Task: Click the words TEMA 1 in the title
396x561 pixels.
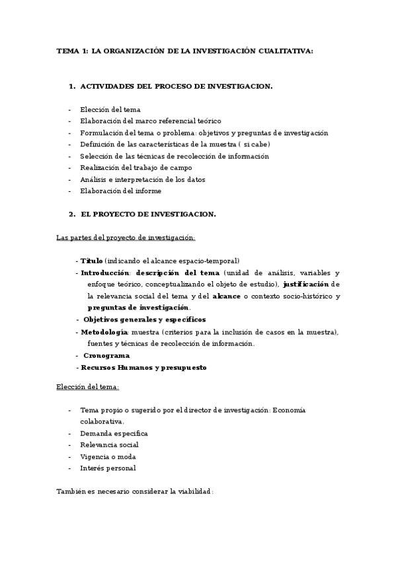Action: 70,51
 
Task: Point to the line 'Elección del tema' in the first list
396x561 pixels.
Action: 110,109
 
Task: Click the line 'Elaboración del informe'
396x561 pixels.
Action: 120,191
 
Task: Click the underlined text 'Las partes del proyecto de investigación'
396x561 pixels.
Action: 125,237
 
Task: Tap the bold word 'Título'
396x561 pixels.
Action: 92,261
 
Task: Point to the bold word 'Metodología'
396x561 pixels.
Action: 104,331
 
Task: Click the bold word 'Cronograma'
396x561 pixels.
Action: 106,355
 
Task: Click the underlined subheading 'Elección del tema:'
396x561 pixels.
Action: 87,386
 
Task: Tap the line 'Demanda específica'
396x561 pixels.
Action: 114,433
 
